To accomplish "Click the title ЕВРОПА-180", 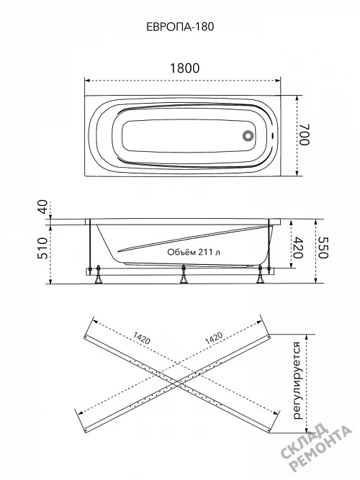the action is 180,27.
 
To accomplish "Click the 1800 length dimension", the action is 184,68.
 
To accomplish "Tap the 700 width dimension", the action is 305,135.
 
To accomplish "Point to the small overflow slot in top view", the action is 272,136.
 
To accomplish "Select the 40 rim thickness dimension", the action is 43,207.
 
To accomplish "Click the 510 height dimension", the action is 43,248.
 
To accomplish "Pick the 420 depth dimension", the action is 298,248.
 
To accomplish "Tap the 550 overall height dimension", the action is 323,248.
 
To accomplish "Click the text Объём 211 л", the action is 194,253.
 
